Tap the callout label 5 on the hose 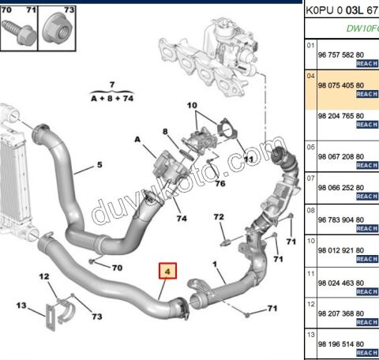tap(99, 166)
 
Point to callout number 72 tap(219, 216)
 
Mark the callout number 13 tap(21, 306)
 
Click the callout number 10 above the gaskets tap(193, 105)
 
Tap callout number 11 tap(249, 159)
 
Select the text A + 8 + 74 tap(112, 97)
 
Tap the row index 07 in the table tap(310, 178)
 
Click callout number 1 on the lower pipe tap(214, 264)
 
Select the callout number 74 tap(182, 219)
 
